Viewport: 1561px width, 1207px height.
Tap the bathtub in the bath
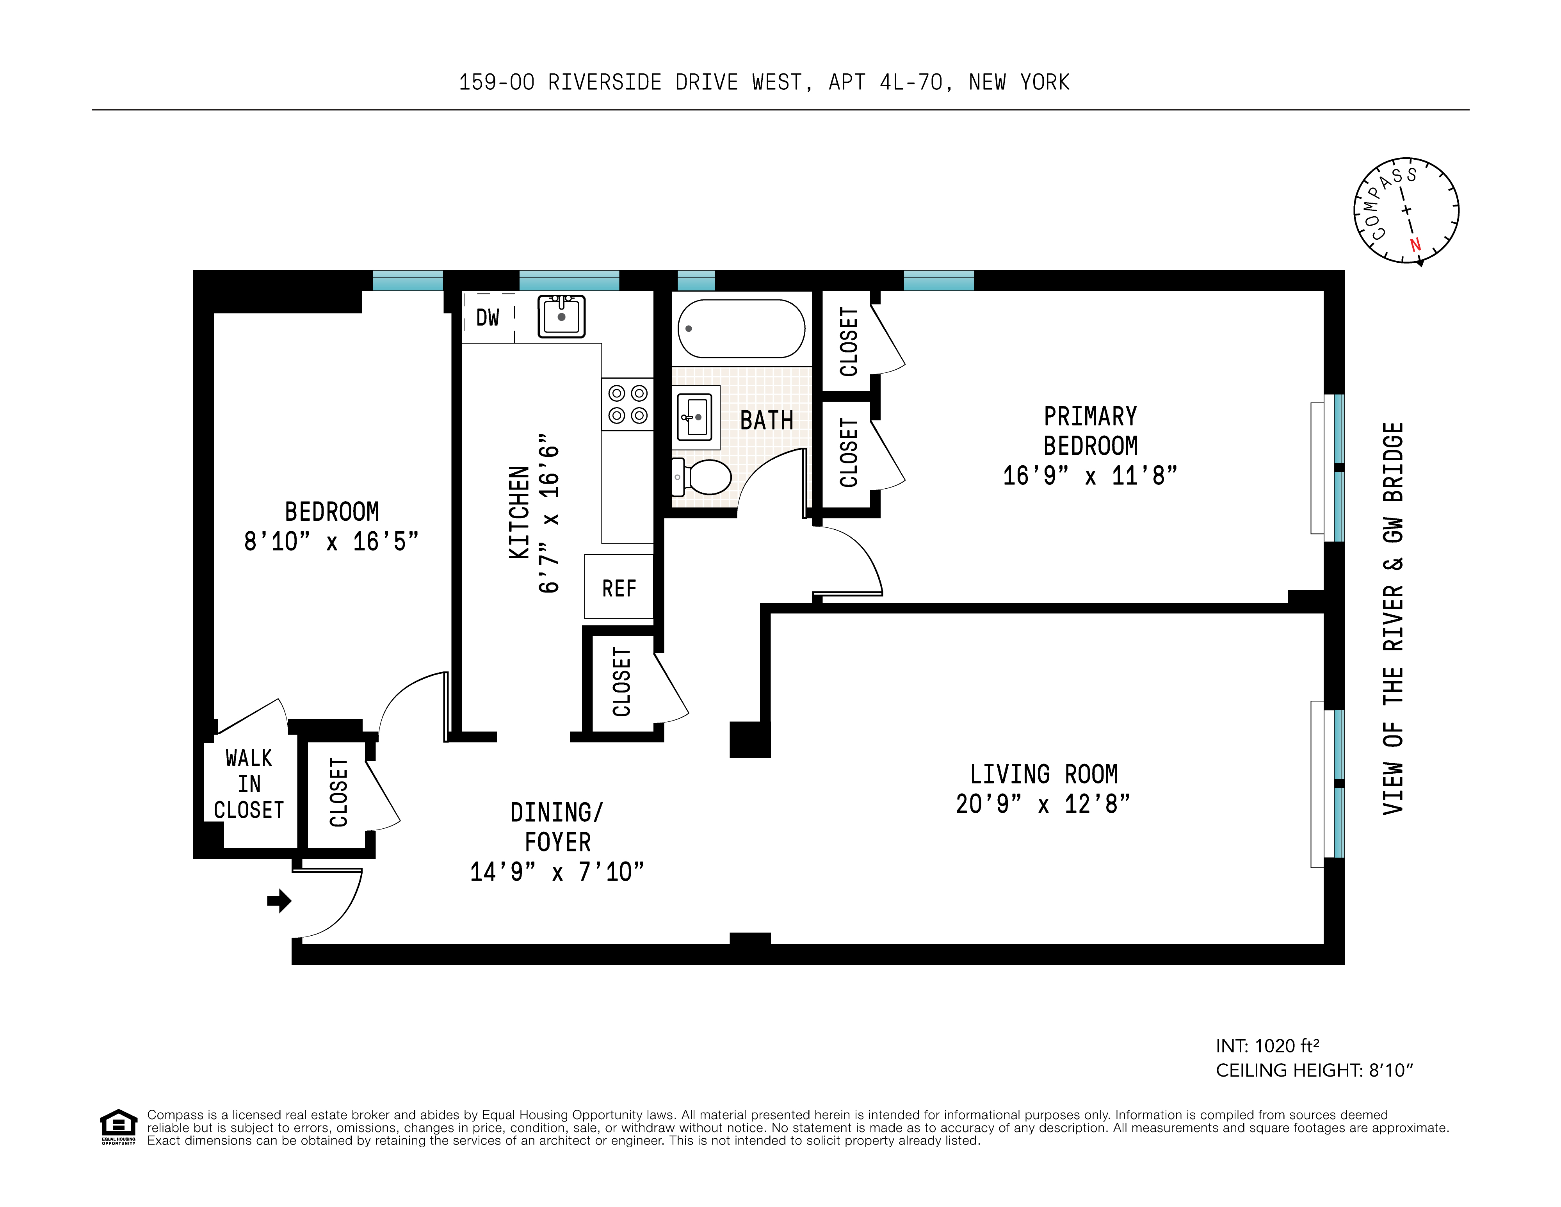741,329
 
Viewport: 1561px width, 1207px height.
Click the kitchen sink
562,316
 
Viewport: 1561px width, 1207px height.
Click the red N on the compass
1415,244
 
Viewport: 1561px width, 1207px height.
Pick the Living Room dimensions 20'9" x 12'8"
1043,805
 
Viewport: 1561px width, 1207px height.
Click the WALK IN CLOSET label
249,784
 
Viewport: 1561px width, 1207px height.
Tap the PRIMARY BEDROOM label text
1090,431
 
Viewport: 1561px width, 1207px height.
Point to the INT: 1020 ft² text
1267,1046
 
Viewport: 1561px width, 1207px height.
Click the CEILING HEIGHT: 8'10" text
1314,1070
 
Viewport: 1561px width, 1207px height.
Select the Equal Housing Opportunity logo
118,1127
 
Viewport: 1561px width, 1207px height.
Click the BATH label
766,420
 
